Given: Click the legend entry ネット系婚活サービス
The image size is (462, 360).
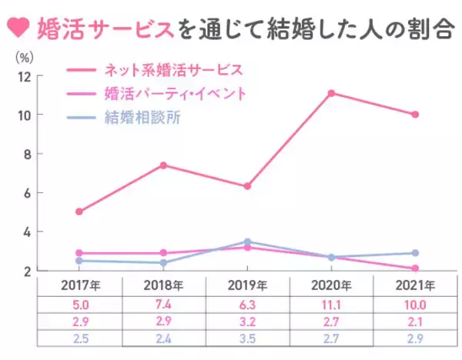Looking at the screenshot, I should click(172, 69).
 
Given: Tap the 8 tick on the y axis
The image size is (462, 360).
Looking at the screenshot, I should click(26, 154).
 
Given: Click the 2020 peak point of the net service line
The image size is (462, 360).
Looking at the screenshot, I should click(331, 93).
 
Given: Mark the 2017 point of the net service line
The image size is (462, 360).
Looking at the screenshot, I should click(79, 212).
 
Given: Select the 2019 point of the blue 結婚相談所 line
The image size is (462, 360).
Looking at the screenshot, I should click(247, 242).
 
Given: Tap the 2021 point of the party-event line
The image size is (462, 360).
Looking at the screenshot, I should click(415, 268).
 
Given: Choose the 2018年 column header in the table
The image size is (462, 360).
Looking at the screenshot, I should click(163, 286).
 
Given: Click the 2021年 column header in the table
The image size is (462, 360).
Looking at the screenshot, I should click(415, 286).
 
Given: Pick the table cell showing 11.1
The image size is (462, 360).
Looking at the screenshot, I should click(331, 304).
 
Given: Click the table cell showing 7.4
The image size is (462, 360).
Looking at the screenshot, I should click(163, 304).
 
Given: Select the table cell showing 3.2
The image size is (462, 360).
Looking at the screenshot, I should click(247, 322).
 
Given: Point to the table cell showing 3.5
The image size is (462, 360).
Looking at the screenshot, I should click(247, 339).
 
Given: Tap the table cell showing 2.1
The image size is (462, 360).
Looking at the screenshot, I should click(415, 322).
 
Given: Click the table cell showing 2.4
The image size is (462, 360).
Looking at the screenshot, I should click(163, 339).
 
